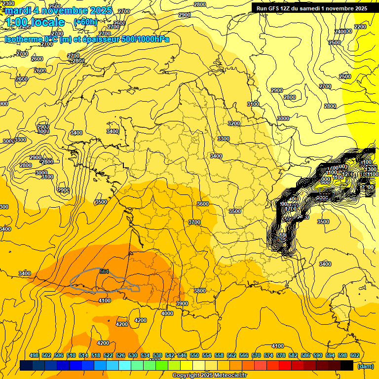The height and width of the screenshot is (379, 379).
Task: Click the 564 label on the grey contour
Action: pos(104,271)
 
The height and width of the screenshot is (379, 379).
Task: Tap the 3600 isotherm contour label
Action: pos(202,204)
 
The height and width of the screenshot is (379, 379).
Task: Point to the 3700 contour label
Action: pos(194,223)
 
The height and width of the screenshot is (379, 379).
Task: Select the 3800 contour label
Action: pos(200,291)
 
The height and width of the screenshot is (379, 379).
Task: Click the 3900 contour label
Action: pos(182,303)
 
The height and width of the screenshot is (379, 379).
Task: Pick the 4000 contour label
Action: pos(167,313)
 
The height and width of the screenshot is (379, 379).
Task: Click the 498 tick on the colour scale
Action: pos(34,355)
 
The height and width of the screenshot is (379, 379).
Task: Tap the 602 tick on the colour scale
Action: pos(354,355)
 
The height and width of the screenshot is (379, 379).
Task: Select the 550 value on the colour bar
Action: pos(194,355)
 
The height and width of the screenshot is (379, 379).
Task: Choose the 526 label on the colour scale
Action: pos(120,355)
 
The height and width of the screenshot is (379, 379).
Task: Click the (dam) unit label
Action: pos(365,366)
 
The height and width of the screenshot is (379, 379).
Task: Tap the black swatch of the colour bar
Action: pos(347,366)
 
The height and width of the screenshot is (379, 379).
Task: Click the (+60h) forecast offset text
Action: pos(85,22)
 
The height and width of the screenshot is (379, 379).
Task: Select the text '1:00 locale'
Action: pos(35,22)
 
